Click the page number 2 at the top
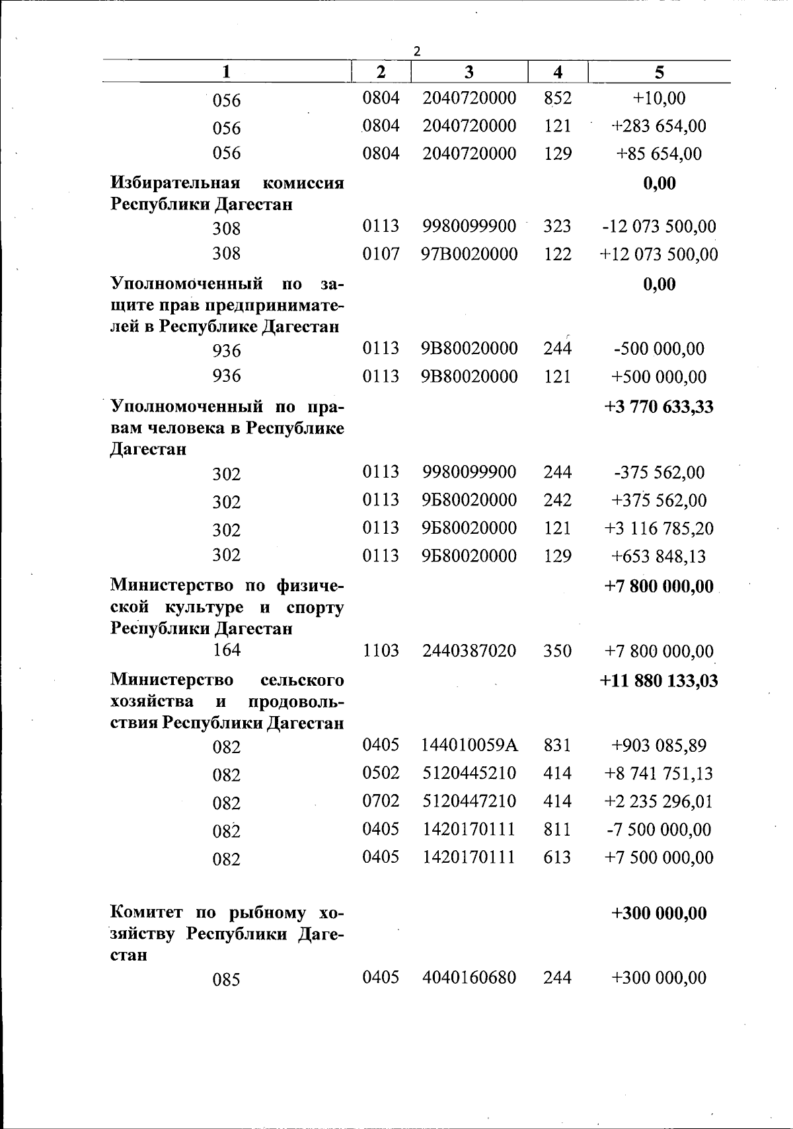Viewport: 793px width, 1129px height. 416,52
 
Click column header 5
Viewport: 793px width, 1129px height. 660,72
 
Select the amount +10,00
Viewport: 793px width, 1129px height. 660,98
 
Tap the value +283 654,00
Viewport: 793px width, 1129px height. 660,126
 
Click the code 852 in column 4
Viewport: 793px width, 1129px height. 557,98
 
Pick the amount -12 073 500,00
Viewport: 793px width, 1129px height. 660,227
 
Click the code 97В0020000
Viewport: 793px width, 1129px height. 469,254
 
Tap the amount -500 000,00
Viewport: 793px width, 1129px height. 660,349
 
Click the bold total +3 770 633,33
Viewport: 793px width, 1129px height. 660,406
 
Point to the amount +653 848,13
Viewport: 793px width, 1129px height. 660,556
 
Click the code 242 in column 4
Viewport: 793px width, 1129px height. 557,500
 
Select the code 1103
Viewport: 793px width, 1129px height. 381,651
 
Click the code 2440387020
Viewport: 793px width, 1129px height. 469,651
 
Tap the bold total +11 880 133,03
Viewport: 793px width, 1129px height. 660,680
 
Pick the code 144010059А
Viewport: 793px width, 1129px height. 469,746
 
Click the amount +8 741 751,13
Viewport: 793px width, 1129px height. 660,774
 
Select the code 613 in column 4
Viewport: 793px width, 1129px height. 557,857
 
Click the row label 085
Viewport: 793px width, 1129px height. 226,979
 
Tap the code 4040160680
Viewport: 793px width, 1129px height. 469,977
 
